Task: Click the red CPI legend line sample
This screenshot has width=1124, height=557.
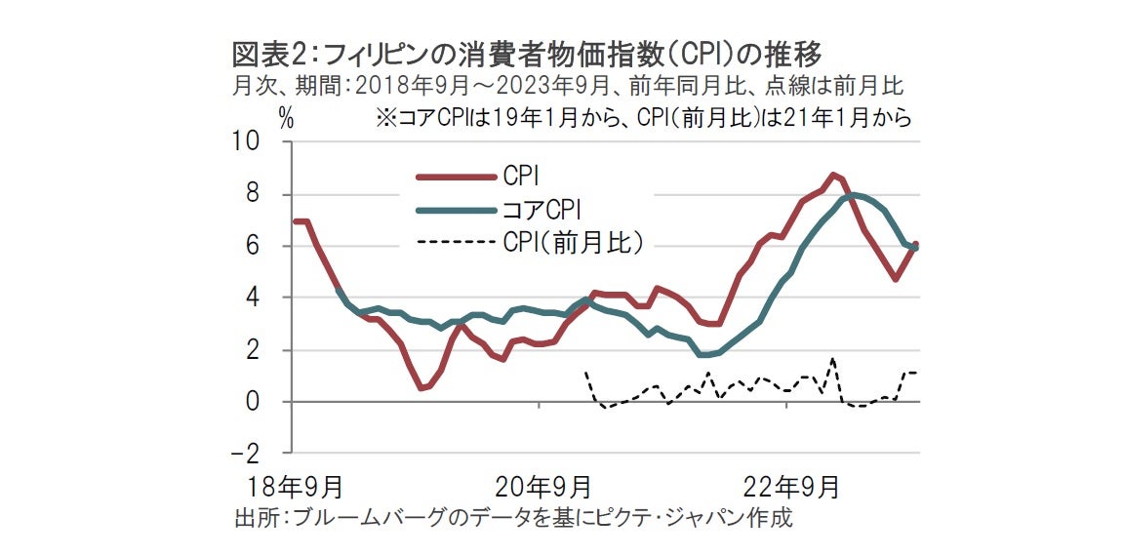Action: pos(455,177)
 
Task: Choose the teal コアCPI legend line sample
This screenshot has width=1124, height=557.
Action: pos(455,209)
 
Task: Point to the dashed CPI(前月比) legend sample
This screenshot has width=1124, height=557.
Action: pos(455,242)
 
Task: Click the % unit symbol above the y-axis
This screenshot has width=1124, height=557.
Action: pos(286,118)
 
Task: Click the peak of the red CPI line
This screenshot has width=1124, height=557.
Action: pos(833,176)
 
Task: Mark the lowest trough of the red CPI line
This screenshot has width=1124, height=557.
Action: pos(421,388)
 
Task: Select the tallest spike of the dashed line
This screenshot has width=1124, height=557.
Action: pos(832,360)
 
